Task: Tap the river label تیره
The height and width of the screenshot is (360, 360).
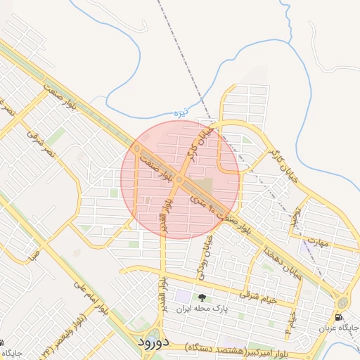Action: [182, 112]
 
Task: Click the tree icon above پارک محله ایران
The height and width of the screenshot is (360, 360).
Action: [202, 297]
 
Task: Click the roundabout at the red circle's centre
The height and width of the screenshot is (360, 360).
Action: [180, 180]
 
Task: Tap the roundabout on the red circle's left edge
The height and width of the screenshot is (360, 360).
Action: [136, 149]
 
